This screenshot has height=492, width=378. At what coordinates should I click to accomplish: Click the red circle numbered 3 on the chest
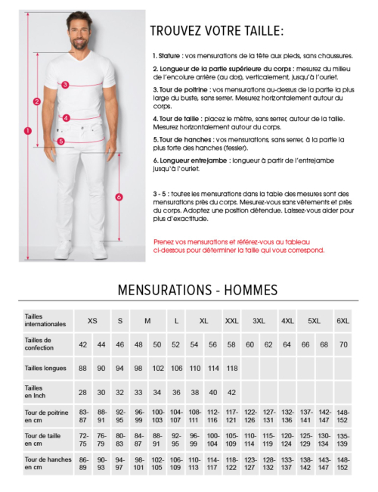[x=66, y=85]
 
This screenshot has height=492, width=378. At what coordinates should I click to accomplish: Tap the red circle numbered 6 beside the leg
[x=119, y=197]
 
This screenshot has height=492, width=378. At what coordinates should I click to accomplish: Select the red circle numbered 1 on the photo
[x=28, y=130]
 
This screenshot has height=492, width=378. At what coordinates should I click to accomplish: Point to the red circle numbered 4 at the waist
[x=67, y=117]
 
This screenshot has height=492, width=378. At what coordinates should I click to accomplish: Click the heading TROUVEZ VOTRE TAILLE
[x=217, y=31]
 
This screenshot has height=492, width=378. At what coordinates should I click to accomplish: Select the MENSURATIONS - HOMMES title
[x=198, y=290]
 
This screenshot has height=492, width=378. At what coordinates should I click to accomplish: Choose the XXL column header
[x=231, y=321]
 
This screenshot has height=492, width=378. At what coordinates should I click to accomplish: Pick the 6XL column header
[x=342, y=321]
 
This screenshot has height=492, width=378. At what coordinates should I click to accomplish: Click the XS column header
[x=92, y=321]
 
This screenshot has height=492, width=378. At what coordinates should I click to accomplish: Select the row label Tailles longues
[x=45, y=368]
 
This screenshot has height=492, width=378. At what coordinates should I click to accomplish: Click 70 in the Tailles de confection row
[x=343, y=344]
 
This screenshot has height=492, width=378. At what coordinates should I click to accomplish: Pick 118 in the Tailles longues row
[x=232, y=368]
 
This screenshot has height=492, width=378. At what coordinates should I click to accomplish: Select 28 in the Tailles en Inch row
[x=83, y=392]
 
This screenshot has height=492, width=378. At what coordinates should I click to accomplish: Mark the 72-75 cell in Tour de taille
[x=83, y=439]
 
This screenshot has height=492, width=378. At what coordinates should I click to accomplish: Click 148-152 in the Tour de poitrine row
[x=343, y=416]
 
